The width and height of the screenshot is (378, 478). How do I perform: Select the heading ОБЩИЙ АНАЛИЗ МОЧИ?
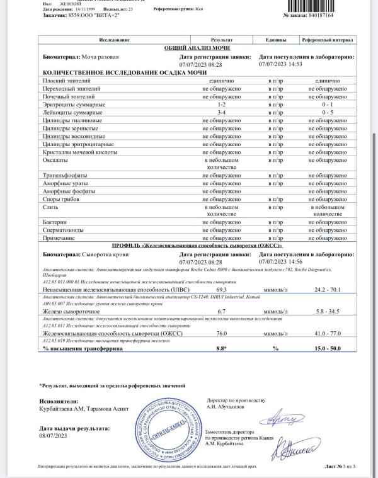click(x=197, y=48)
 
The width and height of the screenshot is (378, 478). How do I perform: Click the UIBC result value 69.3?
click(x=217, y=287)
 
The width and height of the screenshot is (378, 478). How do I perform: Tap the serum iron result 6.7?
click(x=217, y=311)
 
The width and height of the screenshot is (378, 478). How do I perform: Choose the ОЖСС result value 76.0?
click(x=217, y=333)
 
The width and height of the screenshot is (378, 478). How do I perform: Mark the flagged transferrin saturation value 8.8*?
click(x=217, y=348)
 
